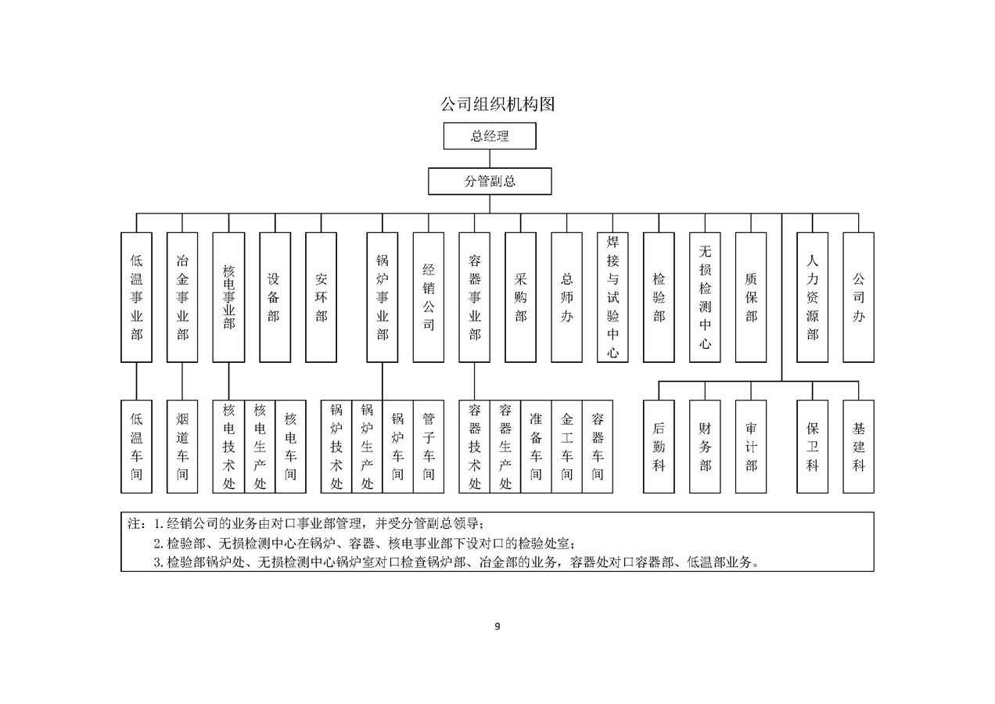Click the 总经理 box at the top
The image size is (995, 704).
click(490, 136)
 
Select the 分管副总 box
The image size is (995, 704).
click(490, 181)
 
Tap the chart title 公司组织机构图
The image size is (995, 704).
click(497, 104)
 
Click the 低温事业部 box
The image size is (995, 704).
click(136, 297)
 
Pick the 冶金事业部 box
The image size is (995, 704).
click(182, 297)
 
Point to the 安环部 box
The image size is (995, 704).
click(321, 297)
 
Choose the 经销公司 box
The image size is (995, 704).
click(429, 297)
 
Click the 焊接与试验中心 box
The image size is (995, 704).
click(612, 297)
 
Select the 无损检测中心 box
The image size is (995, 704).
click(705, 297)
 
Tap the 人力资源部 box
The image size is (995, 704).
click(812, 297)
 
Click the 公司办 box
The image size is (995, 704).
click(858, 297)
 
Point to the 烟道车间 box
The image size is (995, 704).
click(182, 447)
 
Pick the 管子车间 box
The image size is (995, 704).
click(429, 447)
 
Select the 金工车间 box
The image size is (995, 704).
click(566, 447)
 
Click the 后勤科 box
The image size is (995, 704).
click(659, 447)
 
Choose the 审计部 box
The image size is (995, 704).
click(751, 447)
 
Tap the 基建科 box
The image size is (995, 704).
click(858, 447)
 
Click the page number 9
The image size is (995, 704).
click(497, 626)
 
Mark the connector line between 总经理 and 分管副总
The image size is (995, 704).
click(490, 159)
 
